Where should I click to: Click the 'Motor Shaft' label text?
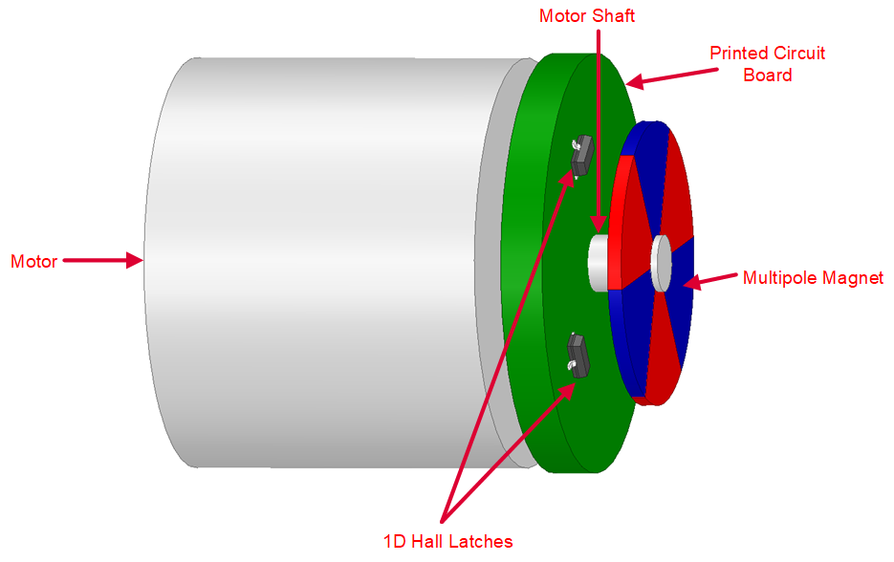[x=587, y=16]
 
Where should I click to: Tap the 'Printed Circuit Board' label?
[x=767, y=63]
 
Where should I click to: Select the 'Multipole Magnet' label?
[x=813, y=278]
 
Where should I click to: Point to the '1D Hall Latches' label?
[x=447, y=542]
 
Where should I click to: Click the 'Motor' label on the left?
[x=33, y=261]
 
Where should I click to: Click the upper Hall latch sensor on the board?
[x=580, y=156]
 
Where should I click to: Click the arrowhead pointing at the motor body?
[x=134, y=260]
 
